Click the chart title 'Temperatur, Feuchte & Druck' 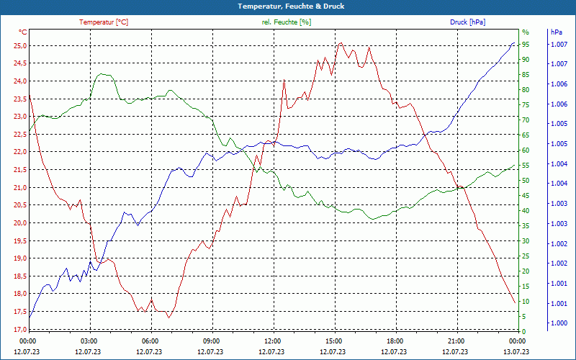pyautogui.click(x=288, y=6)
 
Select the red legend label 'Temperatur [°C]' pyautogui.click(x=104, y=22)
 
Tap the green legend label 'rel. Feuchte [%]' pyautogui.click(x=287, y=22)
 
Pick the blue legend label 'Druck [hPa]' pyautogui.click(x=467, y=22)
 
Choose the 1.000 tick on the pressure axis pyautogui.click(x=559, y=323)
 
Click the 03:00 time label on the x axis pyautogui.click(x=89, y=341)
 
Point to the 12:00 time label pyautogui.click(x=273, y=341)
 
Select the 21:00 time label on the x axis pyautogui.click(x=456, y=341)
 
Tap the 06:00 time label pyautogui.click(x=150, y=341)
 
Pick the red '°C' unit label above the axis pyautogui.click(x=23, y=32)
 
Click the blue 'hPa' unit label pyautogui.click(x=556, y=32)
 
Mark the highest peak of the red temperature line pyautogui.click(x=341, y=43)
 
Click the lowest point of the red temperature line pyautogui.click(x=168, y=317)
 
